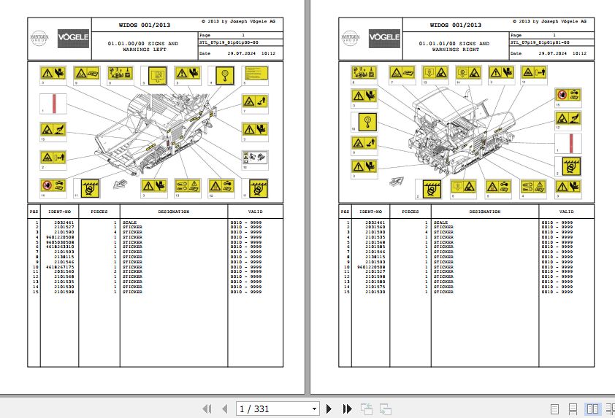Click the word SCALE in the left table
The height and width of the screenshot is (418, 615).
point(129,222)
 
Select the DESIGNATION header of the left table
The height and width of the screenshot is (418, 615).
point(174,212)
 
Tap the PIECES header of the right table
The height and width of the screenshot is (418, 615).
point(410,212)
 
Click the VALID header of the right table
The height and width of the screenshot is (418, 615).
point(567,212)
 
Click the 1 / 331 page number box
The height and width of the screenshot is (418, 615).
point(271,409)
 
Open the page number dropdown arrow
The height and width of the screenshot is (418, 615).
point(314,409)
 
